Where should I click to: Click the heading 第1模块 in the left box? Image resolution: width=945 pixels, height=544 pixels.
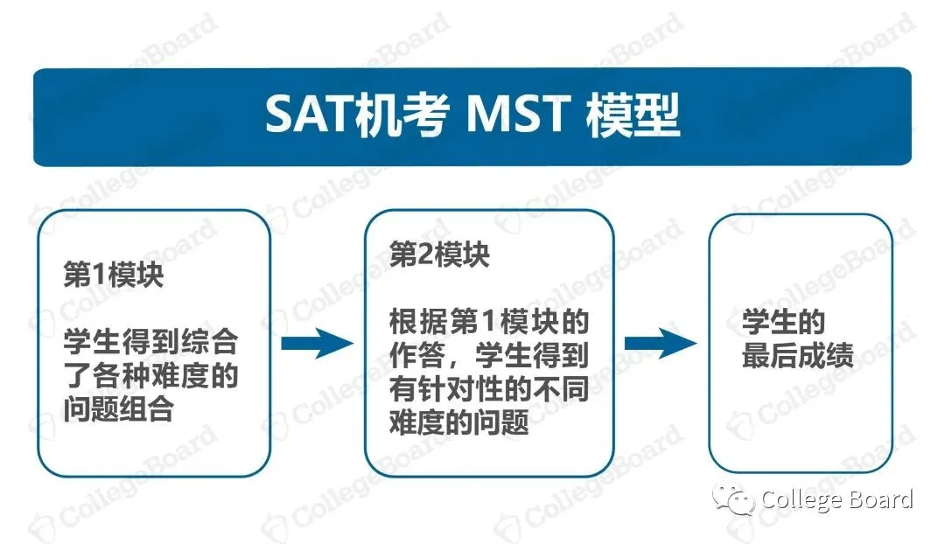coord(113,276)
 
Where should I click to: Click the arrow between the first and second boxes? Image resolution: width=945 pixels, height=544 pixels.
coord(315,343)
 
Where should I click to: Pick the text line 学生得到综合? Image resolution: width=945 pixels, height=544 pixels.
coord(150,343)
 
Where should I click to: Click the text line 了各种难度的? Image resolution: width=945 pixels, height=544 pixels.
coord(150,376)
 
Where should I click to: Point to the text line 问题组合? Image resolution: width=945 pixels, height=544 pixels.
coord(118,408)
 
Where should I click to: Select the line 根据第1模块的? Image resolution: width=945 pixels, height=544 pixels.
coord(489,324)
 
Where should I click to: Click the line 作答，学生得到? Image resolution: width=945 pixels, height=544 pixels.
coord(489,357)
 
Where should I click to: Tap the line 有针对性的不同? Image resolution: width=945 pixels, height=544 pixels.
coord(489,390)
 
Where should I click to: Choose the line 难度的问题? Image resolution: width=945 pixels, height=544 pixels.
coord(459,423)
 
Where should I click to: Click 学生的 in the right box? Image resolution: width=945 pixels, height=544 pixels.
coord(784,324)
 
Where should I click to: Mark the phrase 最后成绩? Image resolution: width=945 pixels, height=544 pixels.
coord(798,357)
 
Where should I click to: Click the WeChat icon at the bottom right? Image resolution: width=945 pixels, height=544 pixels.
coord(733,500)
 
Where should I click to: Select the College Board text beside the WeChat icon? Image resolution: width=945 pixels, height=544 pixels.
coord(837,500)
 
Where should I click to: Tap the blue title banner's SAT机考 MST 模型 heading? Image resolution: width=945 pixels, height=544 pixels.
coord(472,115)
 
